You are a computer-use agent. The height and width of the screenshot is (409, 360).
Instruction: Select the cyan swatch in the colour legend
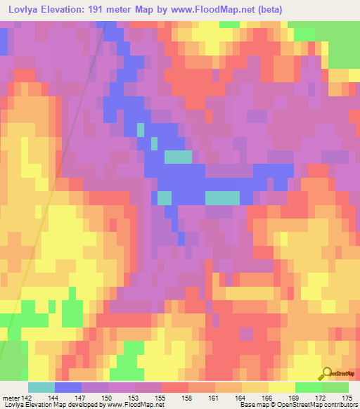[41, 388]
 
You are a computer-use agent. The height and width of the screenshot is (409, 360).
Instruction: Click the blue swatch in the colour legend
[68, 388]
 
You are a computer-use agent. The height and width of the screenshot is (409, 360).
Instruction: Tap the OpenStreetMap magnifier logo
[326, 375]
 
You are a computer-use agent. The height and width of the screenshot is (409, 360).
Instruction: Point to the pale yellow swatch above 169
[281, 388]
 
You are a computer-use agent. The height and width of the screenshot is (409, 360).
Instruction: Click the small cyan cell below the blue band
[164, 199]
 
